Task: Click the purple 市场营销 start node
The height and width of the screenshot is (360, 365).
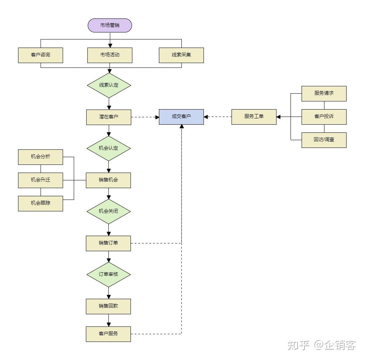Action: (x=109, y=25)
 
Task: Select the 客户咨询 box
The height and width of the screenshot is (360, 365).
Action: (x=41, y=55)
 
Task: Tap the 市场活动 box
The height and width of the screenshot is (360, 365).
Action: (x=109, y=55)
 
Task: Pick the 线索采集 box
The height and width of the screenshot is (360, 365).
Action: (x=181, y=55)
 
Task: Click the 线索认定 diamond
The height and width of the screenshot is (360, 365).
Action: (x=109, y=85)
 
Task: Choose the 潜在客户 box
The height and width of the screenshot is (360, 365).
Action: (x=108, y=117)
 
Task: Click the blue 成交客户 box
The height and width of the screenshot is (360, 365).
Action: (x=181, y=117)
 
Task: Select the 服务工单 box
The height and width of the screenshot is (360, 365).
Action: (x=254, y=117)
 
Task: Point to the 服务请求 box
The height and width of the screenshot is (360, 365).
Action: (x=324, y=93)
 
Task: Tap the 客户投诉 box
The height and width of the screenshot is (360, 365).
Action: (x=324, y=117)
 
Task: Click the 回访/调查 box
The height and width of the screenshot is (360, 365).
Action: (x=324, y=140)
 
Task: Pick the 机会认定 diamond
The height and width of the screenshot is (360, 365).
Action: (x=108, y=148)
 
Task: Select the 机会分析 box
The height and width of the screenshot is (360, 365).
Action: (x=41, y=157)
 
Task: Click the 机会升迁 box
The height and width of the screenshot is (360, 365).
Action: (x=41, y=180)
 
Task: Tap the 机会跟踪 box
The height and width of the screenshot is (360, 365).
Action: (x=41, y=204)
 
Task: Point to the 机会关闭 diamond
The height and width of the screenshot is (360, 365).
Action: (x=108, y=212)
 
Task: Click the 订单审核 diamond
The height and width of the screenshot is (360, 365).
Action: (x=108, y=275)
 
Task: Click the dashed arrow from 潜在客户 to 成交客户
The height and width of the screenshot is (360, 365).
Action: (x=145, y=117)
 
